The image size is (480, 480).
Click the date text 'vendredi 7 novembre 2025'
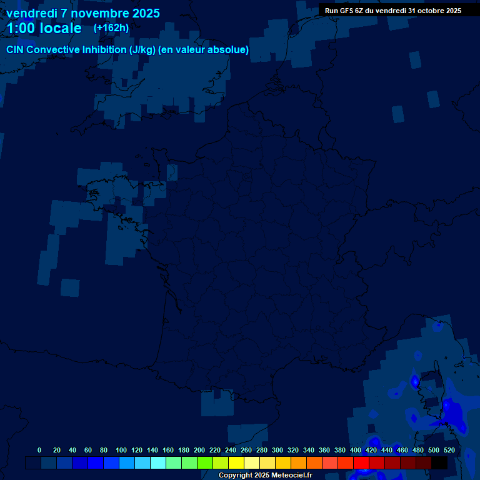[82, 13]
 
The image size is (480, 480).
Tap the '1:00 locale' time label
[44, 28]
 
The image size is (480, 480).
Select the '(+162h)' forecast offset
[111, 28]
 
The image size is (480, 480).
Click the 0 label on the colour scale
[39, 450]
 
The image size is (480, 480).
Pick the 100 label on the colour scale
[121, 450]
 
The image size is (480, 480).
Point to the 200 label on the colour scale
[199, 450]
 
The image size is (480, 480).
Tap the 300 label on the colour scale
[277, 450]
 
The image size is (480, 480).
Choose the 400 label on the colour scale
[356, 450]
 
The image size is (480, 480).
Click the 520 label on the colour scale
[449, 450]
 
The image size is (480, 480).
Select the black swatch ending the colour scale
[439, 462]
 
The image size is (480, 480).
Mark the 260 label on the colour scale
[246, 450]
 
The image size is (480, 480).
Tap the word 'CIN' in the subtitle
[16, 50]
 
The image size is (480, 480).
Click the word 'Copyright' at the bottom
[236, 476]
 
